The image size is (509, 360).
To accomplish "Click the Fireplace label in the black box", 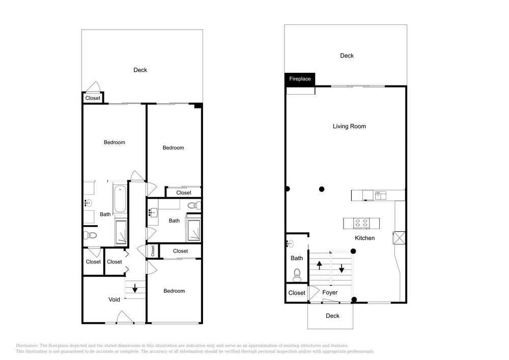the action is click(x=300, y=79).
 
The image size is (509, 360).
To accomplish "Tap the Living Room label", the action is click(x=349, y=126).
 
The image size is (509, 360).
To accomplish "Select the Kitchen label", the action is click(x=364, y=238).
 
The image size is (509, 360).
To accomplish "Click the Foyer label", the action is click(x=330, y=292).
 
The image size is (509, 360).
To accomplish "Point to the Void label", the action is click(x=114, y=299).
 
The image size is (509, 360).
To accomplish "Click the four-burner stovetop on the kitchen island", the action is click(x=361, y=223).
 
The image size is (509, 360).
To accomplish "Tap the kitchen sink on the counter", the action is click(x=380, y=195).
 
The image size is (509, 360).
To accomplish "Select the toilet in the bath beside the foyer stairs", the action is click(x=297, y=275).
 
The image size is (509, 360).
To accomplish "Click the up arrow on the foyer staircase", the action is click(x=320, y=265).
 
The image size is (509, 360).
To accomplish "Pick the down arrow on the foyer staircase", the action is click(x=342, y=268).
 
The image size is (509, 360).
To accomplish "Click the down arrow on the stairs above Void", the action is click(x=135, y=288).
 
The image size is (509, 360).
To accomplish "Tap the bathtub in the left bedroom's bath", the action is click(x=120, y=199).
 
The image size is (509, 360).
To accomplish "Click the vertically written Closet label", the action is click(x=153, y=251).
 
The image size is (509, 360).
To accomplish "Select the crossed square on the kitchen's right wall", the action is click(x=399, y=238).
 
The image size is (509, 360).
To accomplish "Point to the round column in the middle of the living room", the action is click(x=322, y=189).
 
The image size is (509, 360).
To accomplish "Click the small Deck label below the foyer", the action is click(x=332, y=316).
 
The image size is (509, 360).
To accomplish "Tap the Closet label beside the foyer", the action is click(x=297, y=293).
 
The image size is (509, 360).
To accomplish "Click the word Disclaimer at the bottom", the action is click(x=27, y=346).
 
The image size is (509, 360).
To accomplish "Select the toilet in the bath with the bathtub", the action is click(x=91, y=235).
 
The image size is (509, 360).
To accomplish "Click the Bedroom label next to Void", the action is click(x=174, y=291).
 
